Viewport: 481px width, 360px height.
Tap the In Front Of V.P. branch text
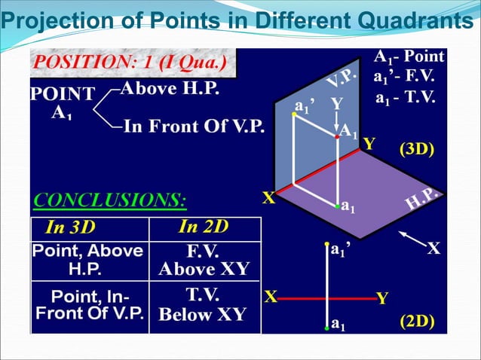point(194,126)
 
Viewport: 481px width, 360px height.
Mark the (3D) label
point(415,149)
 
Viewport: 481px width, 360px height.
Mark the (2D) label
point(415,321)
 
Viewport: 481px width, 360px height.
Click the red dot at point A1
point(336,137)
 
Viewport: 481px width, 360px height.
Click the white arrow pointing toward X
point(409,240)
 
